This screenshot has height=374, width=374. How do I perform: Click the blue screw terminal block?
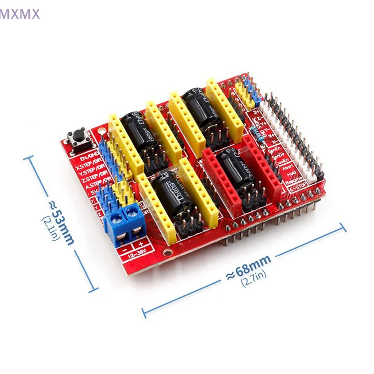tap(124, 223)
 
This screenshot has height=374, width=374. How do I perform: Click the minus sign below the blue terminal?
tap(124, 250)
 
